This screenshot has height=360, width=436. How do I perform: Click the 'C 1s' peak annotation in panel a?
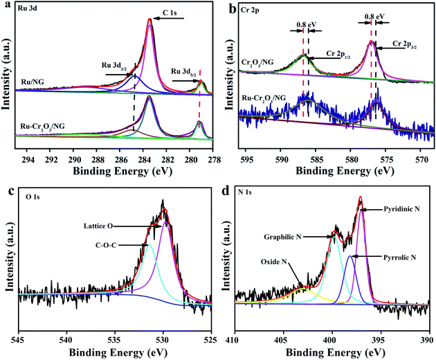tap(181, 14)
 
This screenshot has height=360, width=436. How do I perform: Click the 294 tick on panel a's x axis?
tap(28, 157)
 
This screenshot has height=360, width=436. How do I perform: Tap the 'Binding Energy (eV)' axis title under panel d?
tap(331, 352)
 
